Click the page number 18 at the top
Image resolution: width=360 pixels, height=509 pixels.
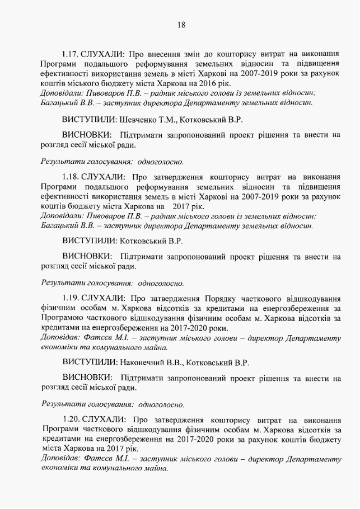181,25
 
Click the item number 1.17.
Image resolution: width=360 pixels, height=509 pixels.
71,55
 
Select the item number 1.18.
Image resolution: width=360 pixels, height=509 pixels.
71,177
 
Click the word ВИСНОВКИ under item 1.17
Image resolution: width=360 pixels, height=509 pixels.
85,135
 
